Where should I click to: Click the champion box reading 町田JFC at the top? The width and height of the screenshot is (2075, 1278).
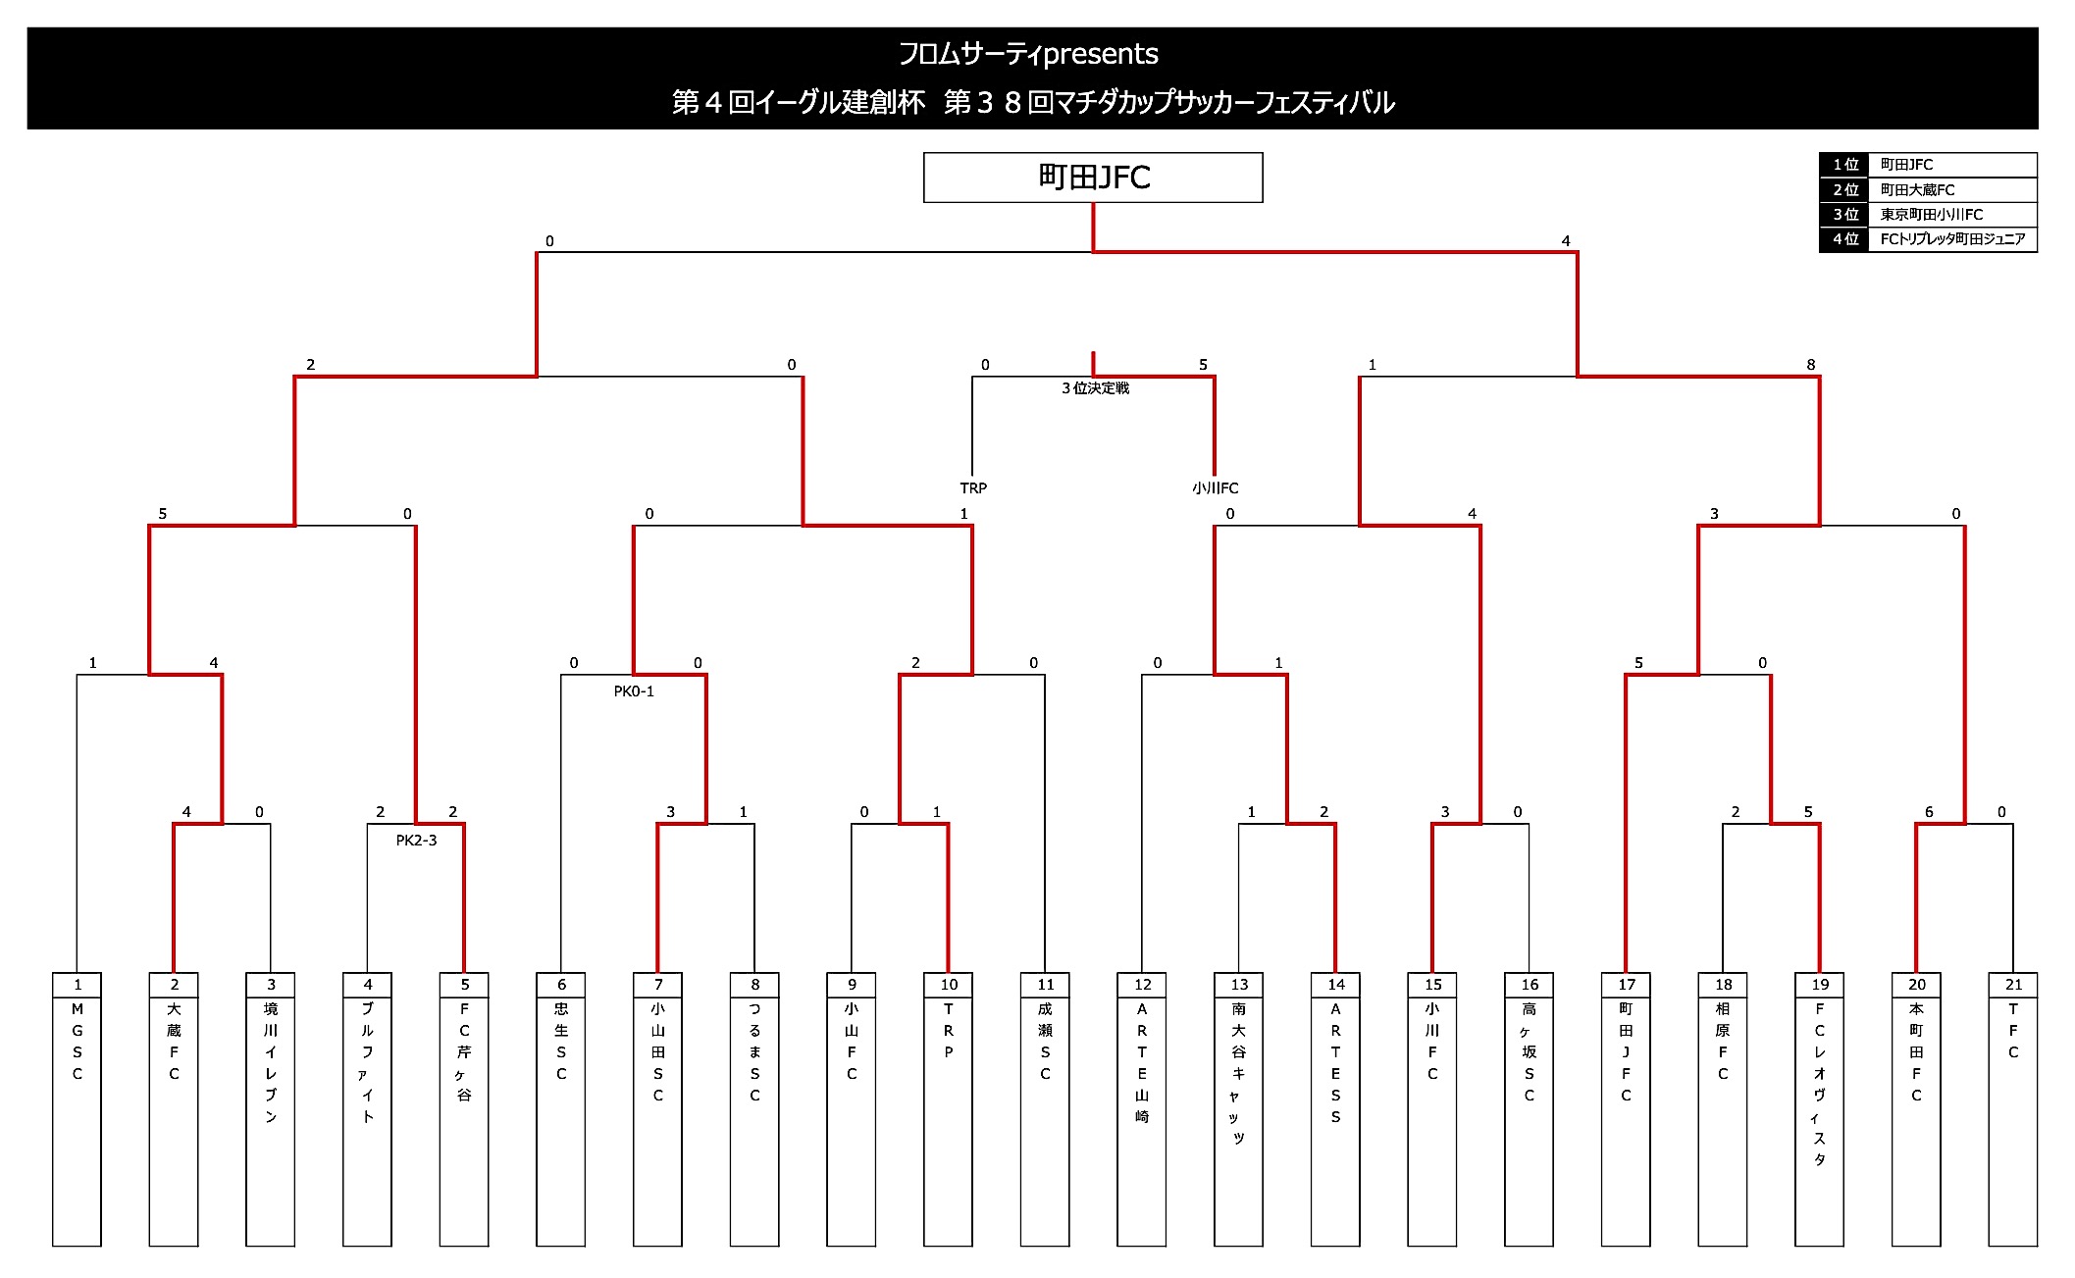[1093, 178]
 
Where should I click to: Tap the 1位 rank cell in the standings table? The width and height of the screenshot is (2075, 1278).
[1844, 165]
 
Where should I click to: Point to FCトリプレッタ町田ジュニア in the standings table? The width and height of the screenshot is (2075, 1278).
[1951, 239]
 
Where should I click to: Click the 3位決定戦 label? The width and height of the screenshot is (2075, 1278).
[1095, 388]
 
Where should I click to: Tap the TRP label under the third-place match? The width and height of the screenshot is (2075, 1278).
[973, 487]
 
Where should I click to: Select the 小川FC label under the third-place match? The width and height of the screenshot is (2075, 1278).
[1216, 487]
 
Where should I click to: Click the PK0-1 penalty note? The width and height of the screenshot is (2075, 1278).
[634, 691]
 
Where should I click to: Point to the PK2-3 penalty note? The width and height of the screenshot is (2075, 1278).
[416, 841]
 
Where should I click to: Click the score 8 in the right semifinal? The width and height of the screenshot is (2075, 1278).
[1811, 365]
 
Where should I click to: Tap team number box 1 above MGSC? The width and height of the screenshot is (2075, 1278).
[78, 985]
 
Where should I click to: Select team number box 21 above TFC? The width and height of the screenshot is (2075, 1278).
[2013, 985]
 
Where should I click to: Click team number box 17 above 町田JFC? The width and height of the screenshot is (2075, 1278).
[1627, 985]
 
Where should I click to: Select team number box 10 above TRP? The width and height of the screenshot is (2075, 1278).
[949, 985]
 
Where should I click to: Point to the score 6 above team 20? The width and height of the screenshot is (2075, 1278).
[1929, 812]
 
